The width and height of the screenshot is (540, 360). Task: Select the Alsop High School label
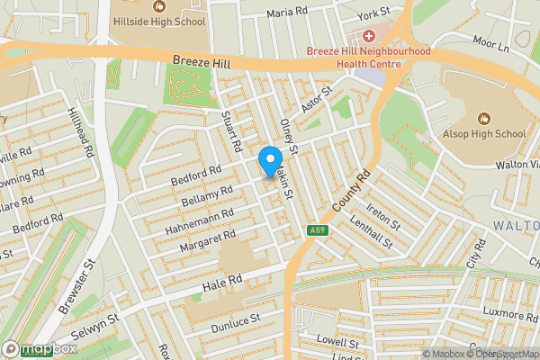click(484, 134)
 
